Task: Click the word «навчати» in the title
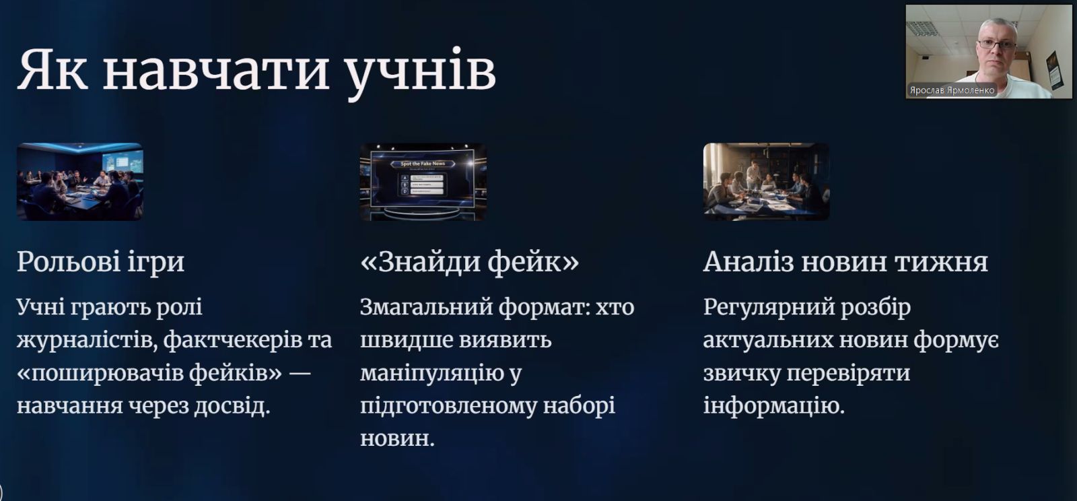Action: tap(216, 70)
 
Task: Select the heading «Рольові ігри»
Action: tap(100, 263)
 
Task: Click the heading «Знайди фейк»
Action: tap(470, 262)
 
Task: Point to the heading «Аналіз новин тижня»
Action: tap(845, 262)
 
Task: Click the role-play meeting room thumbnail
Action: tap(80, 182)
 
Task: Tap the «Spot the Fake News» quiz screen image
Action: tap(423, 182)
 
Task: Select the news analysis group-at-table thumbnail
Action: tap(767, 182)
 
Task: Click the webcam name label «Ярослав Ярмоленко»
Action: tap(952, 90)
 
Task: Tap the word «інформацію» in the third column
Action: tap(774, 406)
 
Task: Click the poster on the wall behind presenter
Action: tap(1055, 69)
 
